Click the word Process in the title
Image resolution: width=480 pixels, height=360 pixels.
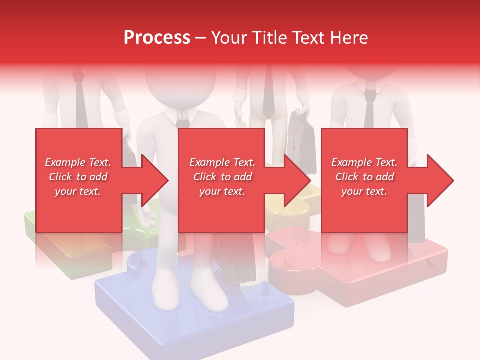(157, 38)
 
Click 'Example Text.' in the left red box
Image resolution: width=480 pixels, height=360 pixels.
(78, 162)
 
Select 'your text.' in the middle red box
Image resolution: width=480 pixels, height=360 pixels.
(222, 191)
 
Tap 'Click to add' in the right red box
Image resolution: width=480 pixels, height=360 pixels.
(364, 177)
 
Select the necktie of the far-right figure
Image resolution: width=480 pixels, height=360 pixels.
(369, 110)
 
